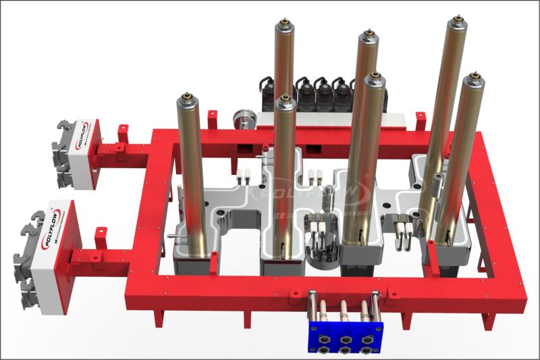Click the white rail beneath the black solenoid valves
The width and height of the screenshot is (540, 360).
324,118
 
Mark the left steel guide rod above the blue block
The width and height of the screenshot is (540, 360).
311,307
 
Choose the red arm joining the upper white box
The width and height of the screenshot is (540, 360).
122,145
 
